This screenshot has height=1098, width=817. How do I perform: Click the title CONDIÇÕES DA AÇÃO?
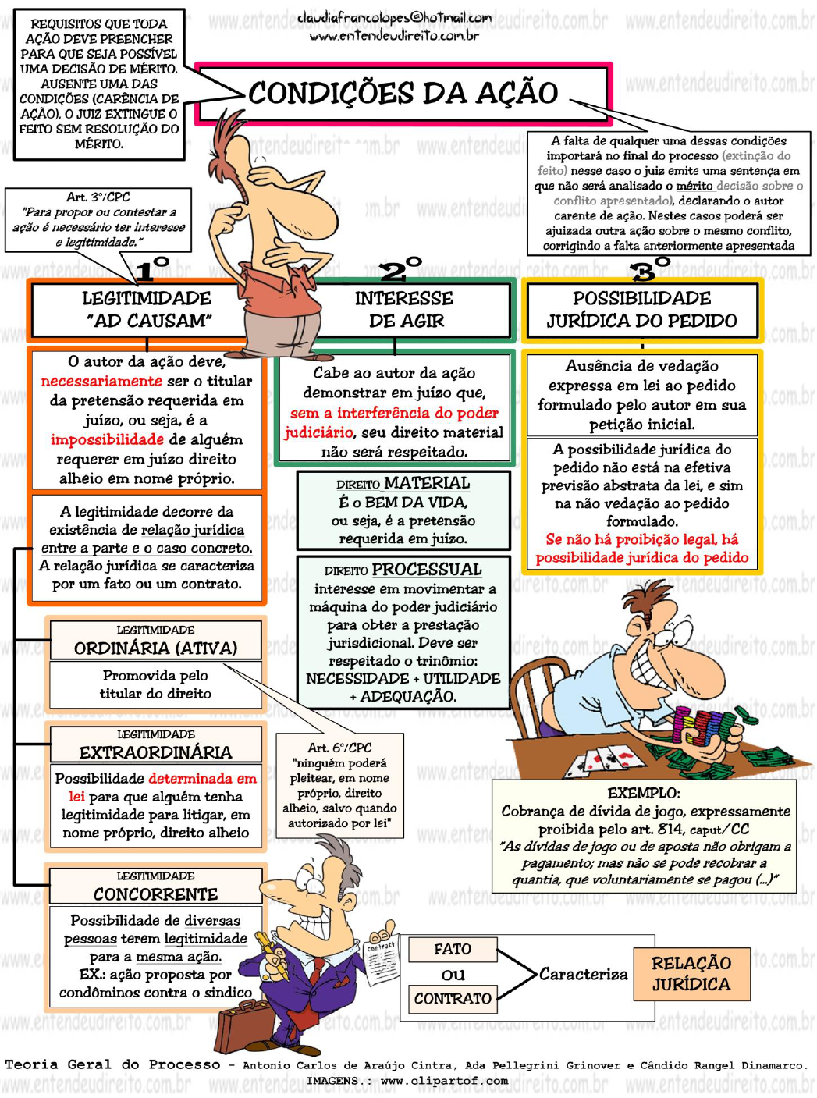click(x=403, y=93)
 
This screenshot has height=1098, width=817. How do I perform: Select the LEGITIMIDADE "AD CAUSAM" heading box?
click(x=147, y=310)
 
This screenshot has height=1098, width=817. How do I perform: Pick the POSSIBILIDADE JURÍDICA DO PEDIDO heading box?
click(x=641, y=310)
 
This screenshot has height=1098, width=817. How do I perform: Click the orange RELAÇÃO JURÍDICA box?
click(x=691, y=974)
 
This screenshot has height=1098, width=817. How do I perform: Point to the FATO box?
click(x=453, y=950)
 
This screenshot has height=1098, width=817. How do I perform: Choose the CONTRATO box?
click(x=453, y=999)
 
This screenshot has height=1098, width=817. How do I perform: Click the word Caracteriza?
click(x=583, y=974)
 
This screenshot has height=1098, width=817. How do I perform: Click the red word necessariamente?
click(x=101, y=382)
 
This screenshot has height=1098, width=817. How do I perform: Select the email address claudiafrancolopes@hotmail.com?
click(x=394, y=17)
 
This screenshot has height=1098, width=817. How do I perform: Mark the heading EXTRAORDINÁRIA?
click(x=155, y=752)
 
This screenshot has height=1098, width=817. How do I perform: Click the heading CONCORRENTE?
click(x=155, y=894)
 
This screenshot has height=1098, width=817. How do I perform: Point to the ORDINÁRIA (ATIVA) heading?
click(x=155, y=648)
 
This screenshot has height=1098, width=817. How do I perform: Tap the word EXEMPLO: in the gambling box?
click(x=644, y=793)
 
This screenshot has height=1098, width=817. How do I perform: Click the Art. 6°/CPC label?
click(x=339, y=748)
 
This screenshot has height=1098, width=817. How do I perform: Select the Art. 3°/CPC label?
click(x=98, y=197)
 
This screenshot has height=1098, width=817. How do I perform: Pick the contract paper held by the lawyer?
click(x=382, y=961)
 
